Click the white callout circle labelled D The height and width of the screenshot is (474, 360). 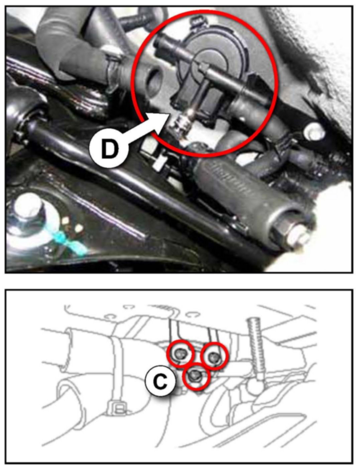pos(109,149)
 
